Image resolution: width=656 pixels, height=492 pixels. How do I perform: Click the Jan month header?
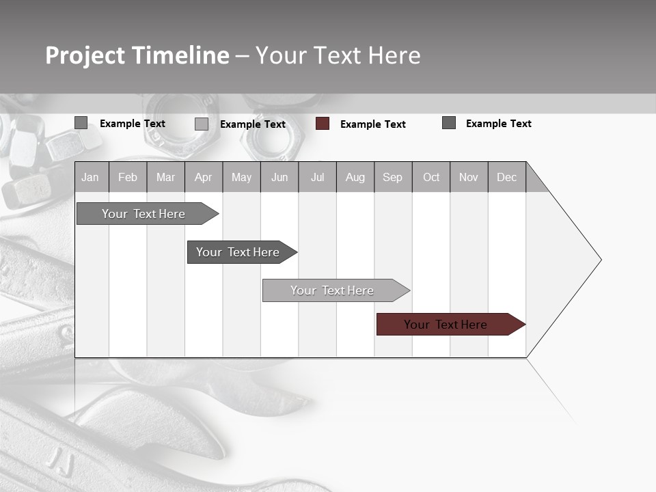91,177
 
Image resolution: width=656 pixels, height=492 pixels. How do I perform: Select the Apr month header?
203,177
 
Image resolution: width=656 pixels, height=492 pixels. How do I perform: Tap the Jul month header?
317,177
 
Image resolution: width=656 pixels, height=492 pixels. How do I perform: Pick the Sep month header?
392,177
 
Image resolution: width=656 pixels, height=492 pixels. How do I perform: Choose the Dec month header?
506,177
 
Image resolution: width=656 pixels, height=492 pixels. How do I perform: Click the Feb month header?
128,177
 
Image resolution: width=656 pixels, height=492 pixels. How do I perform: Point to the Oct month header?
431,177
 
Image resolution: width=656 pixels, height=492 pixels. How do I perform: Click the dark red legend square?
323,124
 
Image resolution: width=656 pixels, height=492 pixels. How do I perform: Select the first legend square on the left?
81,123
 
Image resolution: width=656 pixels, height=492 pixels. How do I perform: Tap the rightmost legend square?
449,123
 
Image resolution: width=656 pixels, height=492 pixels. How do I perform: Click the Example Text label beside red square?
373,124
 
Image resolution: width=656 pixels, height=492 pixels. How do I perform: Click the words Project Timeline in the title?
137,55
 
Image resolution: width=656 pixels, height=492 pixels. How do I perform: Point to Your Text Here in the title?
338,55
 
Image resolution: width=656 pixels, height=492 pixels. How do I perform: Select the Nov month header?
469,177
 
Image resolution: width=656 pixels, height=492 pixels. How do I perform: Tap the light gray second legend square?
202,124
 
